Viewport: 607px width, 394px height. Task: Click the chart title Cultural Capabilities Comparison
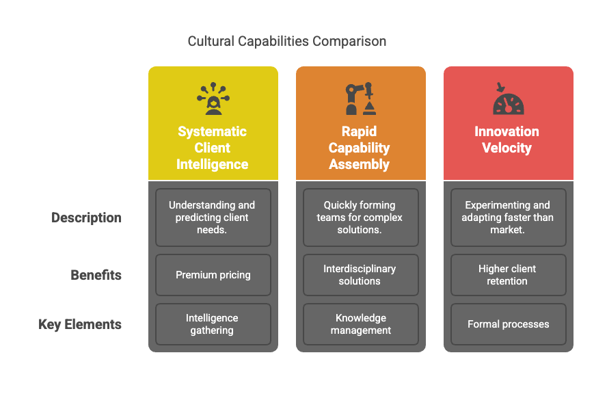coord(287,42)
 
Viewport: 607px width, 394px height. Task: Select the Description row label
coord(87,218)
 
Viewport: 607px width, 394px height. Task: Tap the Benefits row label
coord(96,275)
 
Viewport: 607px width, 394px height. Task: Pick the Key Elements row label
coord(80,324)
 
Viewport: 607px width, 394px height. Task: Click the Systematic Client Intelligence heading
coord(213,148)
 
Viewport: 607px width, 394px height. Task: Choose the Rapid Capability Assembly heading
coord(360,148)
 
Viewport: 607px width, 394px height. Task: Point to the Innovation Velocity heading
coord(507,140)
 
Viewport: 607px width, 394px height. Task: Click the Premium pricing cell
coord(213,275)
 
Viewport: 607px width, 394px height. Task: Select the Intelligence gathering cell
coord(213,324)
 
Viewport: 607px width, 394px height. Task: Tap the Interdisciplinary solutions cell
coord(360,275)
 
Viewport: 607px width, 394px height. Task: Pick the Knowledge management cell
coord(360,324)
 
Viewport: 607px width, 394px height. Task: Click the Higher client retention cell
coord(507,275)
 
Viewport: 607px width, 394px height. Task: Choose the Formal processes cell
coord(508,324)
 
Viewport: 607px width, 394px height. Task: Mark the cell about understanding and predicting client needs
coord(213,217)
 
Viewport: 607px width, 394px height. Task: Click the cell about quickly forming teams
coord(360,217)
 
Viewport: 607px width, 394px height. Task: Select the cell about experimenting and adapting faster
coord(508,217)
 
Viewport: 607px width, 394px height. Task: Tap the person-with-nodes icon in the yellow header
coord(213,99)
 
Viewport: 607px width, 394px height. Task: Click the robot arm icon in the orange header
coord(360,99)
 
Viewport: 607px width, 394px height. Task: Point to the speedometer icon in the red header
coord(508,100)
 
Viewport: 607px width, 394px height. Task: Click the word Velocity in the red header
coord(507,148)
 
